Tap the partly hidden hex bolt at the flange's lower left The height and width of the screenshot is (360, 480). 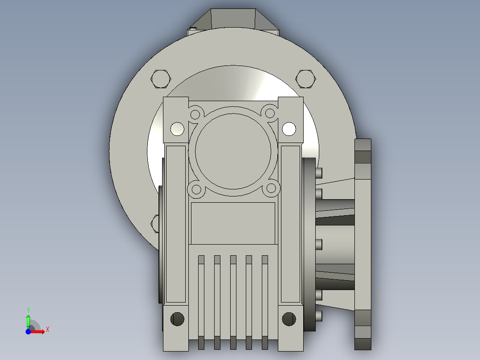point(155,223)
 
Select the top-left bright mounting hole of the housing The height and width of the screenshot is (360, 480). point(177,129)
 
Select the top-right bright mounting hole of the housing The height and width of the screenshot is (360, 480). point(289,129)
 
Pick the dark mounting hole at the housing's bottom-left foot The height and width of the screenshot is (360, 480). point(177,319)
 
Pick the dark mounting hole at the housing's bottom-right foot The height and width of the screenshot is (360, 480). point(289,319)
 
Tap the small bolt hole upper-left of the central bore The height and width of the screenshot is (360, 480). point(195,115)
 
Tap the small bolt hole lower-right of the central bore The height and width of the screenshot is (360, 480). point(271,189)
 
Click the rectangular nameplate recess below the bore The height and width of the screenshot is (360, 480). point(233,223)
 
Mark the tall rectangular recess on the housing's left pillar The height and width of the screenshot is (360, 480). point(175,223)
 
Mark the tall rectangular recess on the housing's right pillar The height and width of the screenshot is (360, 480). point(290,223)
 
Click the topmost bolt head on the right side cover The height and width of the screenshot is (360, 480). point(319,172)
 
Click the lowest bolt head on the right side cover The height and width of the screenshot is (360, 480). point(319,316)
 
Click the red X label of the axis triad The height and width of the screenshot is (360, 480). point(48,330)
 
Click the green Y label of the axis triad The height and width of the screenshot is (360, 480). point(28,309)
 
